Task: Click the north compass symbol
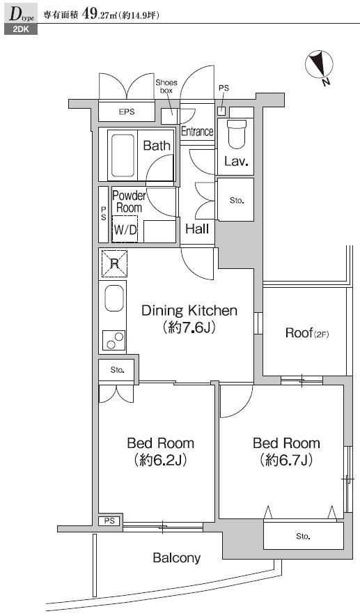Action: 319,64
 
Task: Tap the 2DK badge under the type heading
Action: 21,29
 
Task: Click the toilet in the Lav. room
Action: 237,134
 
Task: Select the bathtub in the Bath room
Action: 123,155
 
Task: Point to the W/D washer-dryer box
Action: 125,229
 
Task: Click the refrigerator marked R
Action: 114,263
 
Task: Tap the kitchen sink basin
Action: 114,298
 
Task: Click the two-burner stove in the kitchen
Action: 114,340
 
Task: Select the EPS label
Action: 127,111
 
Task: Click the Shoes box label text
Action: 166,86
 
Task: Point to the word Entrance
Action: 197,131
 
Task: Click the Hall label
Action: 197,229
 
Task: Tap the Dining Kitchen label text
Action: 189,310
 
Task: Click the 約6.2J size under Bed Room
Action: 161,460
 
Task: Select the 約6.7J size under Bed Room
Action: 286,460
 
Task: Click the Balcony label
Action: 177,558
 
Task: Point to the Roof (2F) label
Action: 307,333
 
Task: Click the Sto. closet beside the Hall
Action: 235,199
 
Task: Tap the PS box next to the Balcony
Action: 110,521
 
